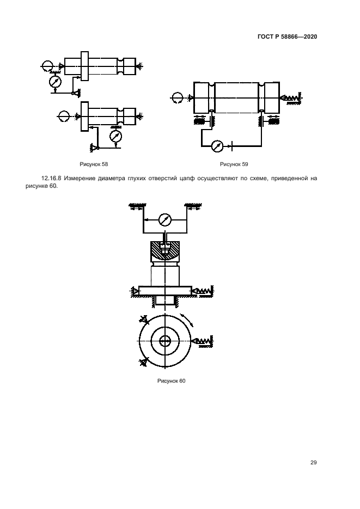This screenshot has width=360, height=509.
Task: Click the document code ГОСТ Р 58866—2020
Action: pyautogui.click(x=287, y=36)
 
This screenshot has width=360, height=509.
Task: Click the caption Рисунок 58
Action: pyautogui.click(x=94, y=164)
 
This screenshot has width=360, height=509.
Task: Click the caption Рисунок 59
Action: pyautogui.click(x=234, y=164)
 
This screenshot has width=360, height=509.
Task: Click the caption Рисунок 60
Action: pyautogui.click(x=172, y=381)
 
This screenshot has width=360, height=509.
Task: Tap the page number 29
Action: pyautogui.click(x=313, y=463)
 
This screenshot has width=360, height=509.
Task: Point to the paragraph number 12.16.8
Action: pyautogui.click(x=52, y=178)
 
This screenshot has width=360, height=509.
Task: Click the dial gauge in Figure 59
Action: pyautogui.click(x=217, y=146)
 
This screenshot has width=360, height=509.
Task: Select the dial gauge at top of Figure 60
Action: pyautogui.click(x=165, y=220)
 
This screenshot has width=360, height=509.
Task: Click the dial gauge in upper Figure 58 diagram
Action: pyautogui.click(x=55, y=82)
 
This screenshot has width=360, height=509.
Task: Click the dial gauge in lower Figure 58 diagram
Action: pyautogui.click(x=115, y=136)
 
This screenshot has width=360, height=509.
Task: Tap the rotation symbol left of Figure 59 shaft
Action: pyautogui.click(x=178, y=97)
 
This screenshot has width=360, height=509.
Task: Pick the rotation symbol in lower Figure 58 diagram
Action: pyautogui.click(x=64, y=116)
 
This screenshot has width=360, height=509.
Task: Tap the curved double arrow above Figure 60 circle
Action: pyautogui.click(x=188, y=320)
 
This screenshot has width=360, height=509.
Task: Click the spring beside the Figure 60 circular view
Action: pyautogui.click(x=204, y=341)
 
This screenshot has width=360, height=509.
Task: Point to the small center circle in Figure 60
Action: pyautogui.click(x=165, y=341)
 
